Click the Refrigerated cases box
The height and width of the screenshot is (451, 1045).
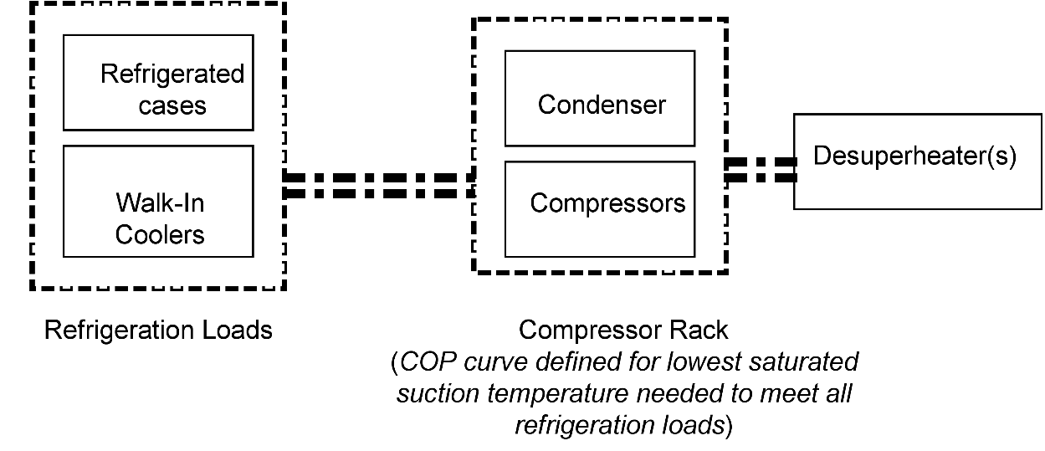pos(158,83)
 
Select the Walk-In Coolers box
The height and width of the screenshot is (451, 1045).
pos(158,201)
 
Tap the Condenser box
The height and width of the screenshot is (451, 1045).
pos(599,98)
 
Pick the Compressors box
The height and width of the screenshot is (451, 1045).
pos(599,208)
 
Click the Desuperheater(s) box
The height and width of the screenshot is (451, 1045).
pos(917,161)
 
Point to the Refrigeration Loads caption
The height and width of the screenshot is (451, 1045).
pos(158,331)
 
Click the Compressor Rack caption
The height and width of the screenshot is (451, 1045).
pos(623,330)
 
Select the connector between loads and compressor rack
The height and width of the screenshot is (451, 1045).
pos(379,185)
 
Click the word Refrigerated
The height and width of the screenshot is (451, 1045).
pos(172,74)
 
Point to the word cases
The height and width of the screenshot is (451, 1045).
pos(172,106)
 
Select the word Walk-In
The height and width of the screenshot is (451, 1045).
pos(160,202)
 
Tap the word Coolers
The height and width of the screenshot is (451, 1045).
pos(160,234)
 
